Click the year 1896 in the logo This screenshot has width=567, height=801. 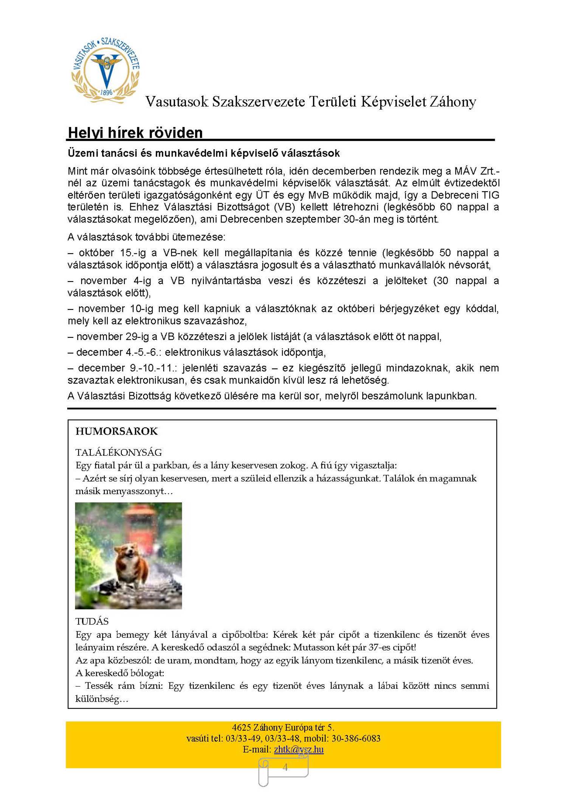[x=107, y=92]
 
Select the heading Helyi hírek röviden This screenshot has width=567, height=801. [x=135, y=133]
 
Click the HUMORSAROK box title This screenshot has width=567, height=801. [x=116, y=431]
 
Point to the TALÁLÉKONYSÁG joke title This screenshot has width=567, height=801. [x=119, y=452]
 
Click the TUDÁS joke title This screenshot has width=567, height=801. [x=92, y=622]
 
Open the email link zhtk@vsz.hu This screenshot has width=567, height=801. [x=299, y=749]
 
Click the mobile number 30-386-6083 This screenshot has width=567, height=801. [x=356, y=738]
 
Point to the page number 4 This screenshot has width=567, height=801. [x=285, y=767]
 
